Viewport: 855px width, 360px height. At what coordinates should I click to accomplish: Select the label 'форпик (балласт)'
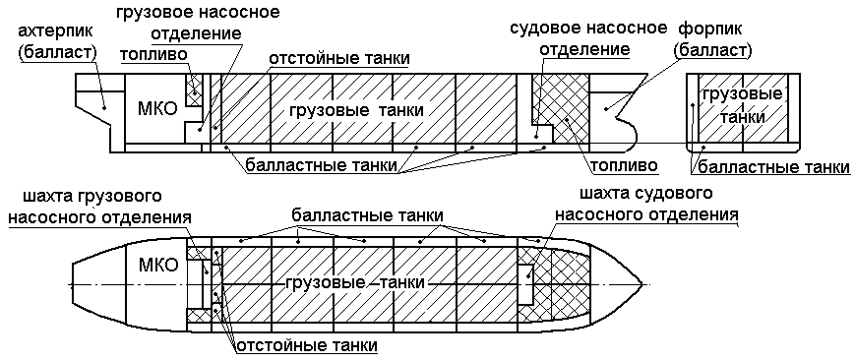(x=713, y=36)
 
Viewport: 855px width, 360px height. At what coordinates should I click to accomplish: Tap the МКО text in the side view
(x=158, y=109)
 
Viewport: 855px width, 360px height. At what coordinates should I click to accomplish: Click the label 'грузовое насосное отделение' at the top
(x=197, y=24)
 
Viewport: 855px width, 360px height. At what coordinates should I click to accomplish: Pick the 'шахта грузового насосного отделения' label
(x=85, y=205)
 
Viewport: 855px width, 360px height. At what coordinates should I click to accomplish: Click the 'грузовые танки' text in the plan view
(x=355, y=282)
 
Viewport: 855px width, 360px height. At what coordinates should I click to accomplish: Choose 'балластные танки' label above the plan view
(x=366, y=214)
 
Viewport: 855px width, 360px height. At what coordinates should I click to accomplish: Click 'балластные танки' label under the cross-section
(x=776, y=167)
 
